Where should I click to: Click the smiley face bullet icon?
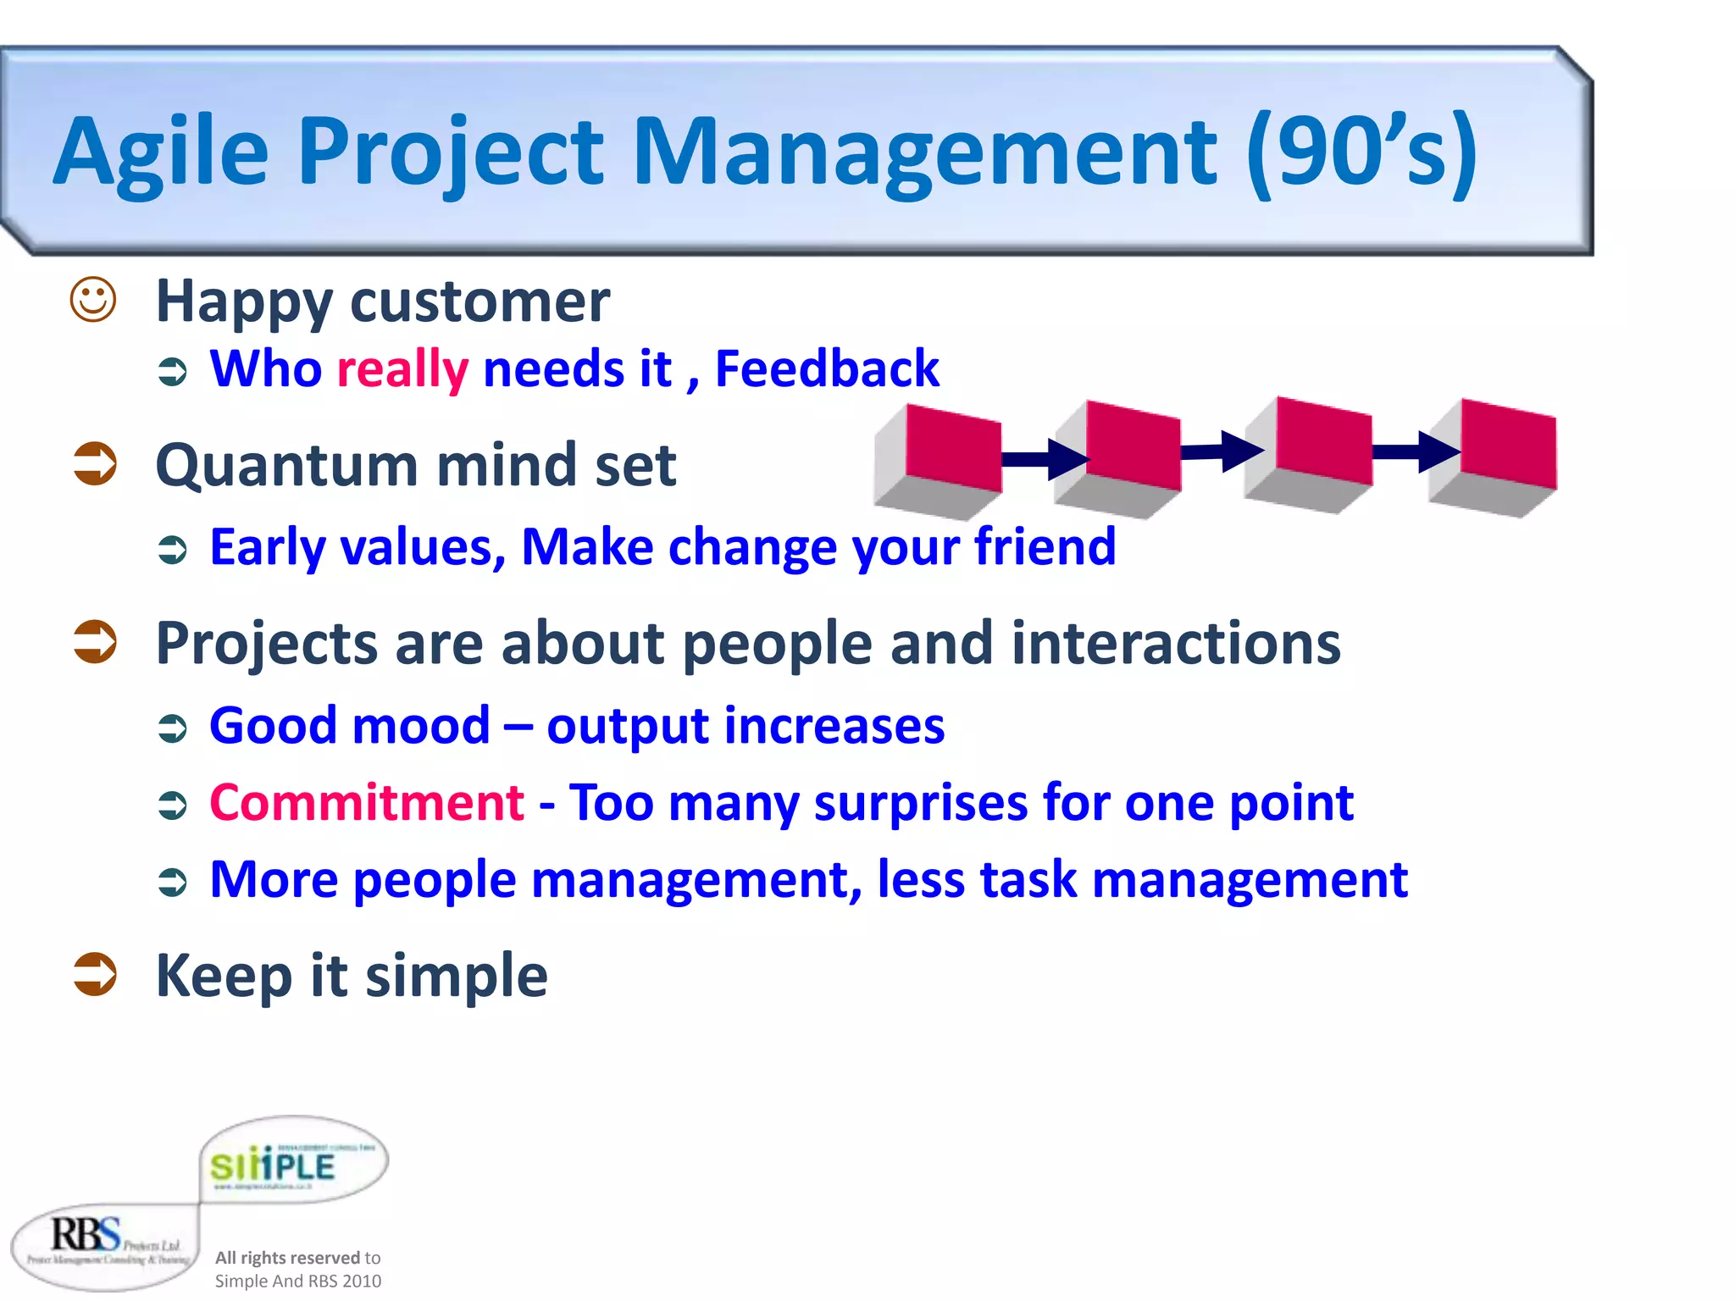[92, 300]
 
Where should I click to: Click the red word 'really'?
[402, 370]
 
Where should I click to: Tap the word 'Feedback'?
[827, 369]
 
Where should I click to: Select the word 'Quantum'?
[286, 466]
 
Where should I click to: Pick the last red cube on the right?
[1508, 444]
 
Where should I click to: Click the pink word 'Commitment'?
[367, 802]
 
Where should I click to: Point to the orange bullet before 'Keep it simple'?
[94, 974]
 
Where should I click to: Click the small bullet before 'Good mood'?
[173, 728]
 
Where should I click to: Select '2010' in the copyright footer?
[362, 1281]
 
